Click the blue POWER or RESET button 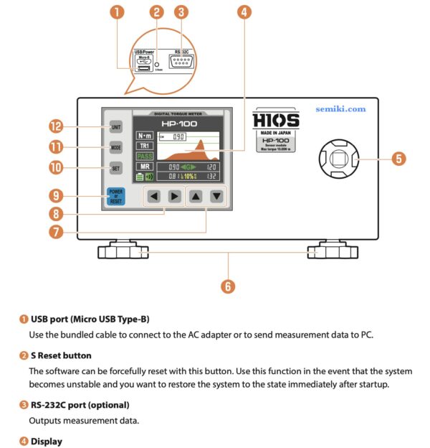click(115, 195)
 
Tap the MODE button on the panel click(115, 146)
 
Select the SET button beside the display click(115, 169)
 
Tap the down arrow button click(216, 196)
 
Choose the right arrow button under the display click(173, 196)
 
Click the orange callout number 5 click(399, 159)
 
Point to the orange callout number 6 click(228, 286)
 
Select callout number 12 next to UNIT click(56, 126)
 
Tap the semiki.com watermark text click(340, 109)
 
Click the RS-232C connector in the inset click(182, 62)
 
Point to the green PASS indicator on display click(145, 156)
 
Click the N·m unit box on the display click(145, 135)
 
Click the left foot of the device click(121, 252)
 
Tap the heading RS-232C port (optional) click(80, 405)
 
